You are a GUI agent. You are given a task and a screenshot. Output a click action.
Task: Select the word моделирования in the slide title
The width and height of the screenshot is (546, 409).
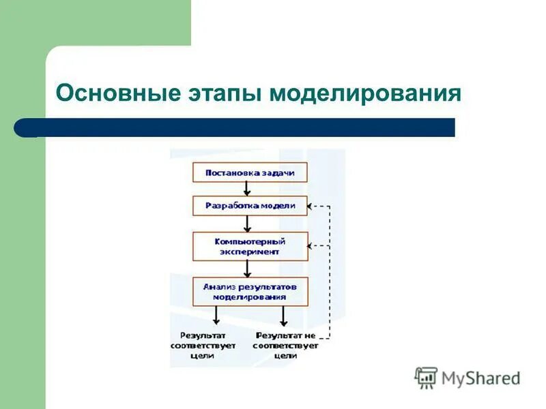tap(365, 92)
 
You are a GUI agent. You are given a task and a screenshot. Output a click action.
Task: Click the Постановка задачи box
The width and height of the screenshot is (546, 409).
tap(250, 172)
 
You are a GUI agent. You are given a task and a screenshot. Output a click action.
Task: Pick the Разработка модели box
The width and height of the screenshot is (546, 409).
tap(250, 206)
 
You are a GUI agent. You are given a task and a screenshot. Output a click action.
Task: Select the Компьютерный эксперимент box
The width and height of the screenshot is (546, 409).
tap(250, 246)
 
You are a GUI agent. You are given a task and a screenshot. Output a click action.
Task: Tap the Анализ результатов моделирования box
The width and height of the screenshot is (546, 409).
tap(250, 291)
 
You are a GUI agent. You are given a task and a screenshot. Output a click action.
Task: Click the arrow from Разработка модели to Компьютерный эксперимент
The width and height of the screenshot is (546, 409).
tap(248, 224)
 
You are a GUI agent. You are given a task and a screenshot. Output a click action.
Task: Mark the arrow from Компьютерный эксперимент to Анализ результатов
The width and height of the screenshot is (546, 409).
tap(248, 269)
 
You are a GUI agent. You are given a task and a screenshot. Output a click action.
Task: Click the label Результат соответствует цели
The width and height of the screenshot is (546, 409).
tap(203, 345)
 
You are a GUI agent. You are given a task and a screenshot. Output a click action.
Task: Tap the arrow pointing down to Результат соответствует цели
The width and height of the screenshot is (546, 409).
tap(216, 315)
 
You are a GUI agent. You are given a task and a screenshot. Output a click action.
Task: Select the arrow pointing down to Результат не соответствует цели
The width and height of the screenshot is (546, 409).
tap(284, 315)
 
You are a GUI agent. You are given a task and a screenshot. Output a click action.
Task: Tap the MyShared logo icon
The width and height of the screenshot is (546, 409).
tap(426, 378)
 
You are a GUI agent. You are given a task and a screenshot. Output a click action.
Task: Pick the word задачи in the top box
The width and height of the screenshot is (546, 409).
tap(277, 172)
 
